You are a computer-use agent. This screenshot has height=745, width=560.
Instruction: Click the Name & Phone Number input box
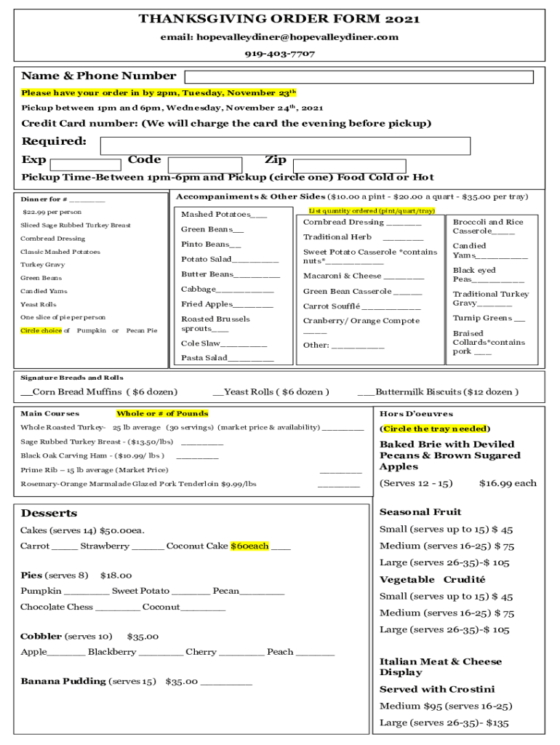point(359,77)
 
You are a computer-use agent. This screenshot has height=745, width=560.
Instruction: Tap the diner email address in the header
point(279,37)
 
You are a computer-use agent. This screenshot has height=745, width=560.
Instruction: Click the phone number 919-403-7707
point(279,54)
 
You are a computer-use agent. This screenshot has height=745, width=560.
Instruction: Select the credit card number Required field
point(284,146)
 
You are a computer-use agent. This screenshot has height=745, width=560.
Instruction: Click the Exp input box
point(85,165)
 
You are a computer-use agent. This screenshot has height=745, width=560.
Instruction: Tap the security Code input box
point(204,165)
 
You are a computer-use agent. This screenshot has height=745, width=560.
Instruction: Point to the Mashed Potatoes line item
point(223,215)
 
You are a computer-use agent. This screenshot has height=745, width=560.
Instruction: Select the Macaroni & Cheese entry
point(363,276)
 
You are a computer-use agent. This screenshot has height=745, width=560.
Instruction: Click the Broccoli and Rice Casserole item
point(487,226)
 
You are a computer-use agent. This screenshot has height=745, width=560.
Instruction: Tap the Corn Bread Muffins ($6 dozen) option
point(99,391)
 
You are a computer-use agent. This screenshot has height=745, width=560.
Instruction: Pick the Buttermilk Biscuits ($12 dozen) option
point(438,391)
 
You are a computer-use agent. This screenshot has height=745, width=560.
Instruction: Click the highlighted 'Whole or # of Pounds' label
point(162,413)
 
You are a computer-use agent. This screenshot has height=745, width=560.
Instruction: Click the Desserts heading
point(48,513)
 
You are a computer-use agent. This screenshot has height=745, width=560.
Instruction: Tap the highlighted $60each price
point(249,546)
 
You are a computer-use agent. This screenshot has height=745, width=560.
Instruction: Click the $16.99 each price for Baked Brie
point(508,483)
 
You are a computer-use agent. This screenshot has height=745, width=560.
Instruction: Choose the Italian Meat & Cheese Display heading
point(440,666)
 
